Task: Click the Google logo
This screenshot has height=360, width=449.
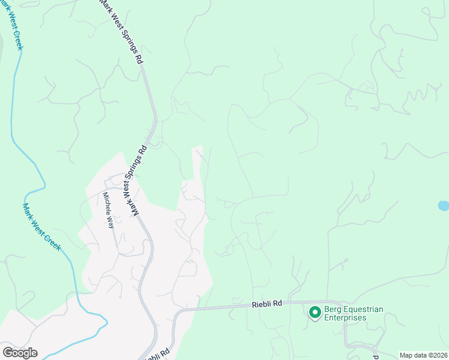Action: point(20,352)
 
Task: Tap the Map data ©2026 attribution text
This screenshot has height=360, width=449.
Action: point(423,355)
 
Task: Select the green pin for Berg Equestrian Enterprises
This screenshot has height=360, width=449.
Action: point(314,312)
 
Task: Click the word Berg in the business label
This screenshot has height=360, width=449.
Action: point(333,310)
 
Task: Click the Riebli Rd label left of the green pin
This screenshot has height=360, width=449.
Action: point(267,305)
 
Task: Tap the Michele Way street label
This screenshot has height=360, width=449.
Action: point(108,210)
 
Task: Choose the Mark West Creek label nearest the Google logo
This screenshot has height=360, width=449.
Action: point(41,227)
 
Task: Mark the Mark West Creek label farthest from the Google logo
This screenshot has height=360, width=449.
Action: point(13,24)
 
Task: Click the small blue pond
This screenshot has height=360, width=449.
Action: point(444,206)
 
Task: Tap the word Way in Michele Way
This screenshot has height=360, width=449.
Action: point(110,222)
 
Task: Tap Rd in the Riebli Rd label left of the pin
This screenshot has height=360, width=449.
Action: point(277,305)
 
